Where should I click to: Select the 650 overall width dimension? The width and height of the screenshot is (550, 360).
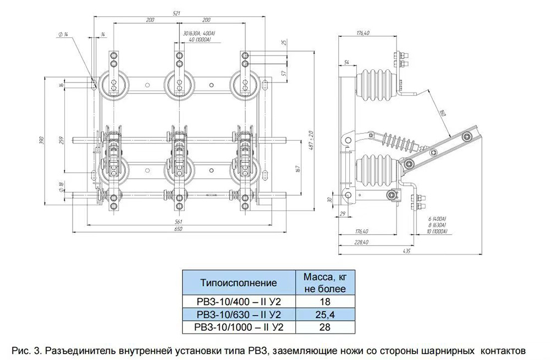pos(178,228)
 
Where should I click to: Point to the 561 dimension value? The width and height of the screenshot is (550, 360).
pos(178,221)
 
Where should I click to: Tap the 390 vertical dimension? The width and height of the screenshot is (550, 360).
pos(41,141)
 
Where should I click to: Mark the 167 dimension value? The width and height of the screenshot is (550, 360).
pos(297,168)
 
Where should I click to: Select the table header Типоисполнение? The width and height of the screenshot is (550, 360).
pos(238,283)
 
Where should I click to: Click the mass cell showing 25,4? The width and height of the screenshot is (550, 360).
pos(324,314)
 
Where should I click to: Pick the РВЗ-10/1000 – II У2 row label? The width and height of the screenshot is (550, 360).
pos(238,326)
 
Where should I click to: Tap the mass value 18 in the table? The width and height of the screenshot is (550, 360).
pos(324,302)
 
